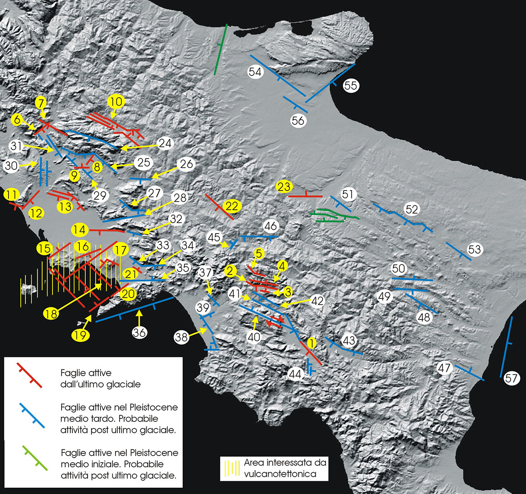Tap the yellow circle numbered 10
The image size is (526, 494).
(116, 101)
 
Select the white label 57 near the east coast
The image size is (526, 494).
(511, 379)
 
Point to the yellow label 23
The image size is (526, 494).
(284, 187)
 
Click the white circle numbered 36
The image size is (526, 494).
(140, 332)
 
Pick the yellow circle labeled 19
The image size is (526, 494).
(80, 336)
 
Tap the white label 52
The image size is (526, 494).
(412, 209)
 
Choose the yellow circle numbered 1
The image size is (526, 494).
(312, 342)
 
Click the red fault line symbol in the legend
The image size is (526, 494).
(29, 375)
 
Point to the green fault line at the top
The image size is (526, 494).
(220, 50)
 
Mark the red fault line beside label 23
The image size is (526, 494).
(305, 196)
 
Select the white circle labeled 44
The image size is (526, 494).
(295, 374)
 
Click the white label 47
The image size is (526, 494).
(444, 368)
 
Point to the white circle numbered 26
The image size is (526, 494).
(187, 164)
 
